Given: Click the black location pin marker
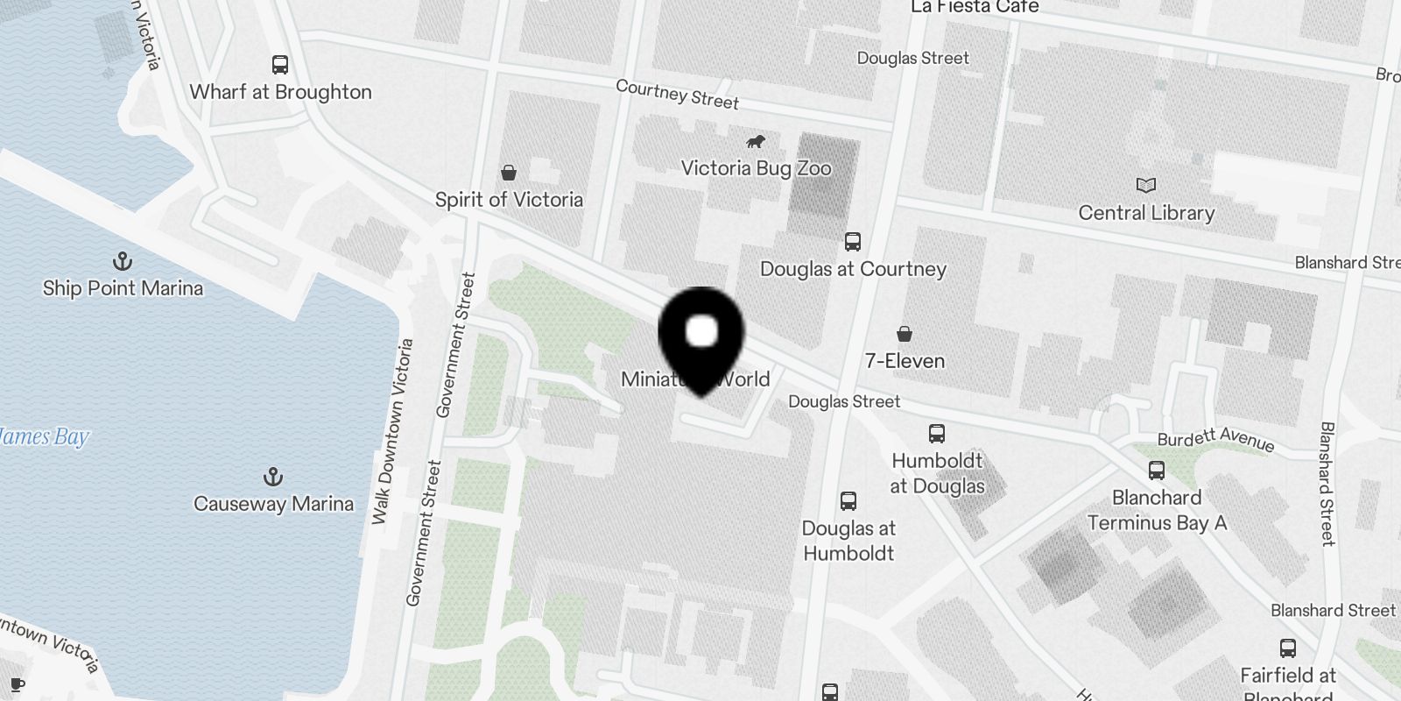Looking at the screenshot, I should tap(701, 337).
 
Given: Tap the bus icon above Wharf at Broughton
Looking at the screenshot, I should tap(280, 65).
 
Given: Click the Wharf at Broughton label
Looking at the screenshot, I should tap(280, 92).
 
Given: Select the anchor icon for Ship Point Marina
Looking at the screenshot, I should tap(123, 261).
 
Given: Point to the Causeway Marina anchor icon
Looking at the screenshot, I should tap(273, 477).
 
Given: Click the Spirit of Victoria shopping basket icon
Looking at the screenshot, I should tap(509, 172).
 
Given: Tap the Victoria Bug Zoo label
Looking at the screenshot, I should tap(756, 168).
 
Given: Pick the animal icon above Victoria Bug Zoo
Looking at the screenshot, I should tap(756, 142).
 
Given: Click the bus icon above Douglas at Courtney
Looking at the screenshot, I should tap(853, 242).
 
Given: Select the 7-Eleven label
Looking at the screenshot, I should tap(905, 361).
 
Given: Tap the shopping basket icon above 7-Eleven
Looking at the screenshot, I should tap(905, 334).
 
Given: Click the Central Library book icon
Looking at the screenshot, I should tap(1146, 185).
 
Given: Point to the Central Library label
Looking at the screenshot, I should tap(1146, 213).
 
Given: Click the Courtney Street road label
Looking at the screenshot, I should tap(677, 95).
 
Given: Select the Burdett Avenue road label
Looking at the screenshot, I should tap(1215, 439).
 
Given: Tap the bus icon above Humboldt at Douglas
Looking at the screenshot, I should tap(937, 433).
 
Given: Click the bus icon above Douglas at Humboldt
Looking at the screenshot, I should tap(848, 501).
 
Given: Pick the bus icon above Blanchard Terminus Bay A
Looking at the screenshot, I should tap(1157, 471).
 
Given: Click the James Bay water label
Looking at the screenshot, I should tap(44, 436).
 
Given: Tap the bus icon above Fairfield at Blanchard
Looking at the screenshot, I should tap(1288, 648).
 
